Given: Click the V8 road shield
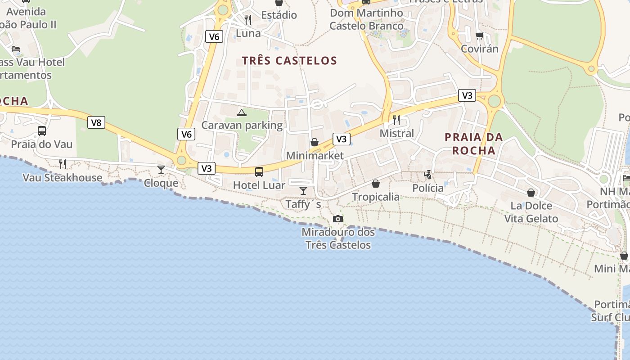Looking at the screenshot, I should pos(96,122).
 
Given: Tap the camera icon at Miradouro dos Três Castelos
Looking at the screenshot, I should pos(337,219).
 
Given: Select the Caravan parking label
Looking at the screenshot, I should pos(242,125).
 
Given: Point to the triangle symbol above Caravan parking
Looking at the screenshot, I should pos(242,112).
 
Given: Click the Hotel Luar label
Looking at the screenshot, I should pos(259,185).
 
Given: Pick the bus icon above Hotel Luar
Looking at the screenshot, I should pos(259,171).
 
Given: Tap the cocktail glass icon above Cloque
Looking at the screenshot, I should pos(161,170).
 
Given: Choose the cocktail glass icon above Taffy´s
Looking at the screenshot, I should pos(303,191).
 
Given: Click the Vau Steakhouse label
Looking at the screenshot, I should pos(63,178).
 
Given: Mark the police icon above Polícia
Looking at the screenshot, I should pos(428,175).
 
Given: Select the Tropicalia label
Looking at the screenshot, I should pos(376,197).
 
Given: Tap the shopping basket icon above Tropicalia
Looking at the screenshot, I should pos(376,184).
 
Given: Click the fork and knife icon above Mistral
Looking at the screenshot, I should pos(396,120).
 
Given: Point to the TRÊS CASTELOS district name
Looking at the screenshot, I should pos(289,61).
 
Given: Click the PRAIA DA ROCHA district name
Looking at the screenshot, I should pos(474,144).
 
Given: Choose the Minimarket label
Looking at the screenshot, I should pos(315,156).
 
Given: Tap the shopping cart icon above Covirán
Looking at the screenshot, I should pos(480,36).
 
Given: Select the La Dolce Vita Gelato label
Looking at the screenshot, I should pos(531,212).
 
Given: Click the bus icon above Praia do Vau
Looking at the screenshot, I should pos(42,131).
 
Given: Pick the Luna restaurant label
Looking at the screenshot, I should pos(248,33).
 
